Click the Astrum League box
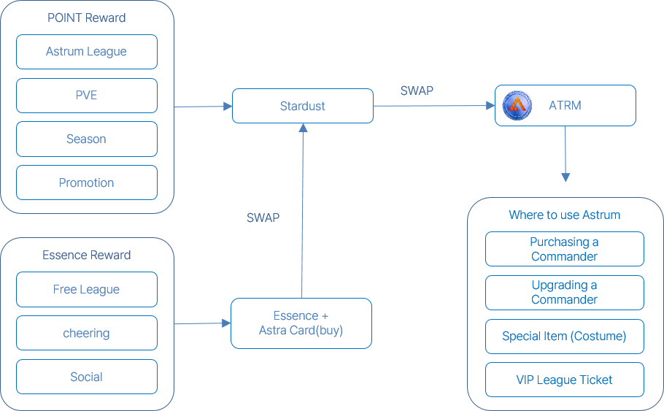[86, 52]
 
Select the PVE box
[86, 95]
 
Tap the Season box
[86, 139]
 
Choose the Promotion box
[86, 183]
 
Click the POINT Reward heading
[86, 18]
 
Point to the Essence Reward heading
[86, 255]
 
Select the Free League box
[86, 289]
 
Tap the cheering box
[86, 333]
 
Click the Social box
[86, 377]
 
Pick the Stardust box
[302, 106]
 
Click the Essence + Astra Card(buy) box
[301, 323]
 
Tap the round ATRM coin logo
[517, 106]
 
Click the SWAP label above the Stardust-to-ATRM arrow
[417, 91]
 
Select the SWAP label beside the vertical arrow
[263, 218]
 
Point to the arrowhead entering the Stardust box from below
[303, 128]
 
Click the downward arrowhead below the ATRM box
[565, 177]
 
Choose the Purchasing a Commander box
[564, 249]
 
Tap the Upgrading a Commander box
[564, 292]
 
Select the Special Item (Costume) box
[564, 337]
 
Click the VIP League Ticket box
[564, 380]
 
